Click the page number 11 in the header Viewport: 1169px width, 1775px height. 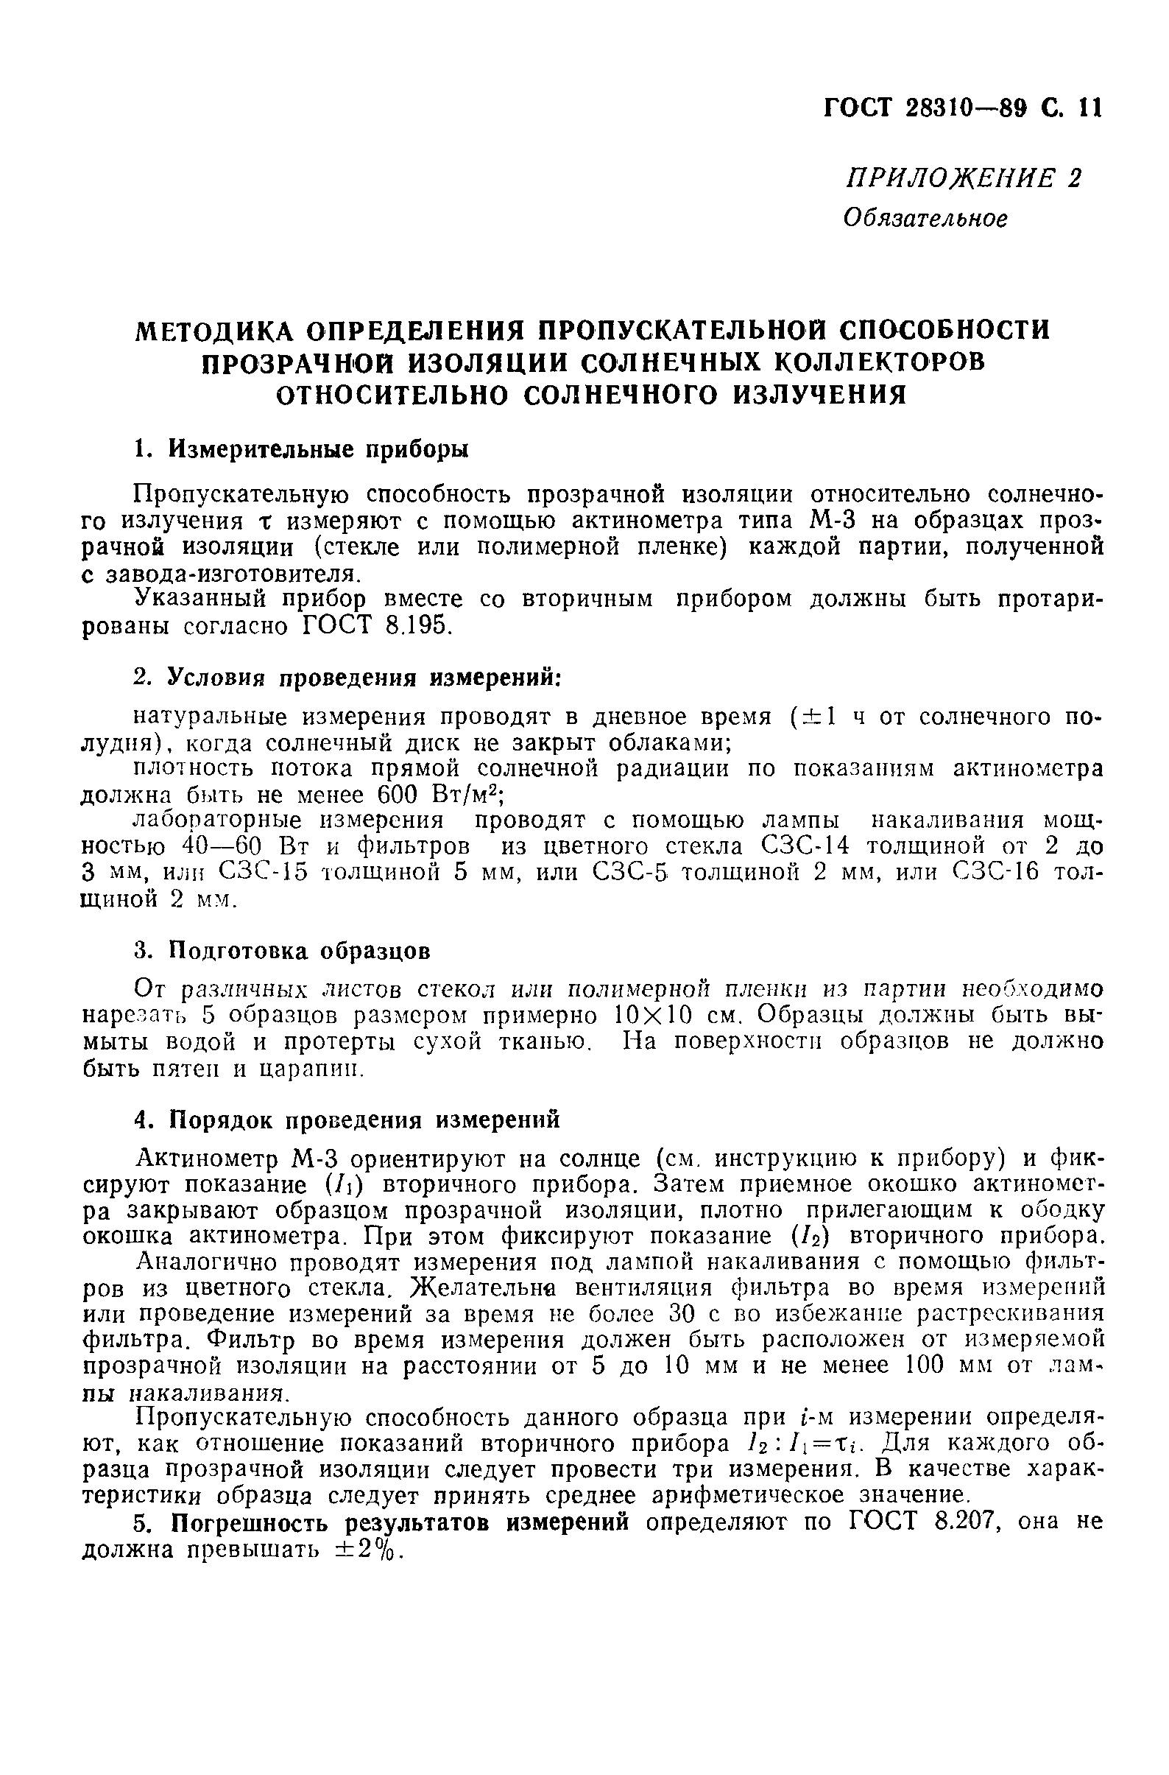click(1088, 109)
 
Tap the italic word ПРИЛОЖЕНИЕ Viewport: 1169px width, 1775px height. click(947, 179)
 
